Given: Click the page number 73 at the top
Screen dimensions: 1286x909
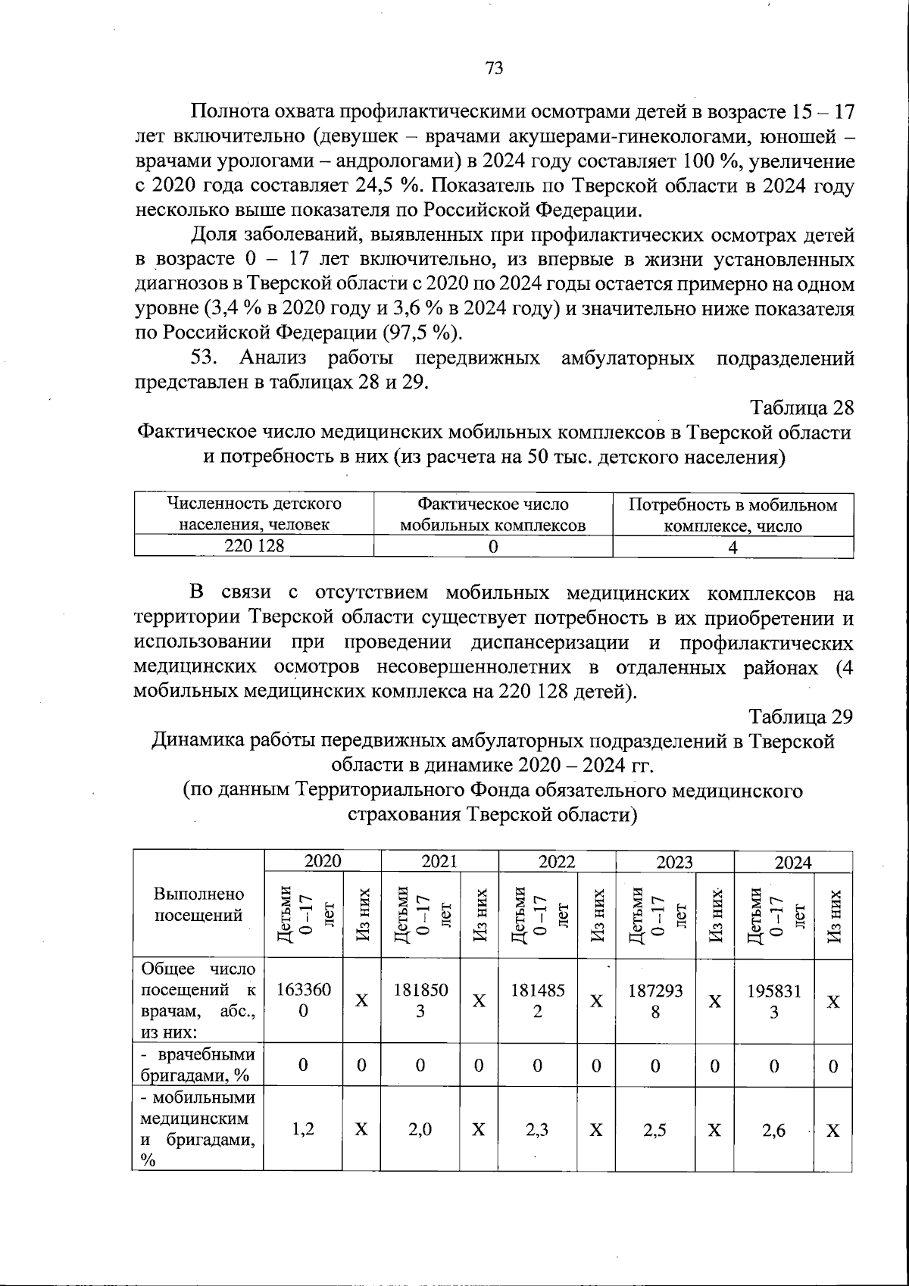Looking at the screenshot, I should pos(494,68).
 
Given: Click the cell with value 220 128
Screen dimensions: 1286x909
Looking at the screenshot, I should pos(254,545).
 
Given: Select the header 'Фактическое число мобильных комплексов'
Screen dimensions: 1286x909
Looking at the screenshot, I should pos(493,514).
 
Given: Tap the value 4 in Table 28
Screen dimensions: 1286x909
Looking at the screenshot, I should pos(733,547).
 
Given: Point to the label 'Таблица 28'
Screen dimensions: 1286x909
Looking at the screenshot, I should pos(802,407).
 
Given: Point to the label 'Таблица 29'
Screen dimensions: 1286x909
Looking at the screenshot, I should pos(801,716).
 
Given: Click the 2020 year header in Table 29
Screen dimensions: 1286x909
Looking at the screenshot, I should pos(323,861).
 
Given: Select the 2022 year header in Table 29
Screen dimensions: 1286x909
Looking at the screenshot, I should pos(557,861).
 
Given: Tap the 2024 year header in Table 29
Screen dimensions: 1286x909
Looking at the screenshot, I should pos(793,862).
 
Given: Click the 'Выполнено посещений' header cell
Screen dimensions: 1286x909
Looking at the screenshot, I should pos(198,904).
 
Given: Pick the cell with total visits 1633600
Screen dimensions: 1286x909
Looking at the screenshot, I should pos(303,1000).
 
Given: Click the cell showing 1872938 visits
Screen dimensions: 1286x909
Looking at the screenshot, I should pos(655,1000).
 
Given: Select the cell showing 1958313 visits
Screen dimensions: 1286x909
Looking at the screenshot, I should pos(773,1000).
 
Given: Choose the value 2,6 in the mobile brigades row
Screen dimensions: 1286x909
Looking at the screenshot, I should pos(773,1130).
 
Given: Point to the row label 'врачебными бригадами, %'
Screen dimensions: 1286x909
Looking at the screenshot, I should pos(198,1065).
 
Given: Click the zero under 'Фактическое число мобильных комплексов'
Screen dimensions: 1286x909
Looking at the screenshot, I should pos(493,546).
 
